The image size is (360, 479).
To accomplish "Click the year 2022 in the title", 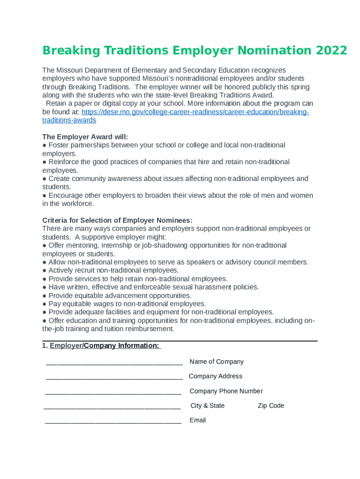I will tap(331, 51).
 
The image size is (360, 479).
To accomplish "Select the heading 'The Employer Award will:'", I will tap(85, 137).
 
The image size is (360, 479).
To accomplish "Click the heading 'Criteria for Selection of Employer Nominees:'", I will tap(117, 220).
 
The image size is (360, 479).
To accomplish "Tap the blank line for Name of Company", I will tap(114, 363).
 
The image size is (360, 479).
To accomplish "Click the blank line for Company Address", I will tap(114, 377).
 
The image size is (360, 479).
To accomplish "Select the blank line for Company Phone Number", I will tap(113, 392).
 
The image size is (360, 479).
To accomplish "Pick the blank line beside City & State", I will tap(112, 406).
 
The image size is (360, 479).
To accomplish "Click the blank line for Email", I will tap(113, 421).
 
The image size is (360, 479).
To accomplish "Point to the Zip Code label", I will tap(271, 406).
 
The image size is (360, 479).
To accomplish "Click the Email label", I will tap(197, 420).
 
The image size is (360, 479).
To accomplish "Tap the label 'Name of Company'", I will tap(216, 362).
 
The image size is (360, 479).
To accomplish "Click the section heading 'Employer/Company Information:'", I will tap(105, 346).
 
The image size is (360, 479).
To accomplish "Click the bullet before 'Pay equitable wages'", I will tap(44, 304).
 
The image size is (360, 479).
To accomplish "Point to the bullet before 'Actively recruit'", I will tap(44, 270).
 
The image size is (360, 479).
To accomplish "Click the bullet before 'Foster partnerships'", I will tap(44, 145).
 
